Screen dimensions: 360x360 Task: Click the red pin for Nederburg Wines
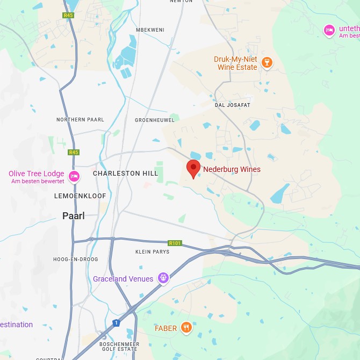click(193, 168)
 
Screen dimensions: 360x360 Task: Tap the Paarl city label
click(73, 216)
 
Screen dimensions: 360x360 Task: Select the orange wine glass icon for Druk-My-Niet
click(266, 63)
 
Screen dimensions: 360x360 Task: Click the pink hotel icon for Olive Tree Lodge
click(74, 176)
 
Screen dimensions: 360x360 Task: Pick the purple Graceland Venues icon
click(163, 278)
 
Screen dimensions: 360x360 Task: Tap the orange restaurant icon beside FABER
click(186, 328)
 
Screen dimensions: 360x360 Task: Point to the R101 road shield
click(175, 243)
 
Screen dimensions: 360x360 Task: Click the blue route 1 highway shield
click(116, 323)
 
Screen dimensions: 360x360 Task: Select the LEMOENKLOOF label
click(80, 196)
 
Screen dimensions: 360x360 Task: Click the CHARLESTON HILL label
click(125, 174)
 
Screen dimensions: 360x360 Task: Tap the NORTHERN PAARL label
click(80, 119)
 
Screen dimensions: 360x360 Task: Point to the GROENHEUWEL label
click(155, 120)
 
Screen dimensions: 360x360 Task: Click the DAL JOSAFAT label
click(232, 105)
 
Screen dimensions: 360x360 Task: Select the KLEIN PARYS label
click(153, 251)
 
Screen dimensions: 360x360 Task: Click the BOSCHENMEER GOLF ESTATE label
click(119, 347)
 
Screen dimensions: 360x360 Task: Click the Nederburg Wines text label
click(232, 169)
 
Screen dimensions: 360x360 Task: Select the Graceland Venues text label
click(123, 279)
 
